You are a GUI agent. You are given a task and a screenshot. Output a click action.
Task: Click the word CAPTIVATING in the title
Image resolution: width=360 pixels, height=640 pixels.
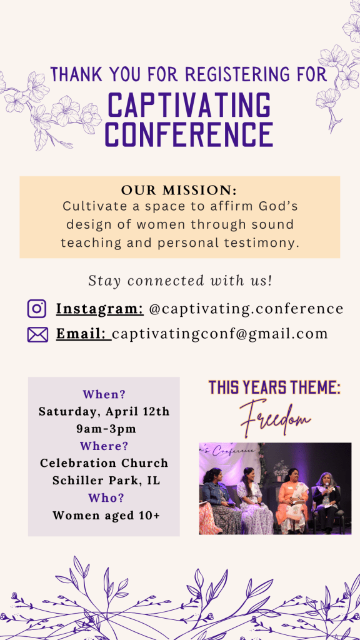[x=189, y=105]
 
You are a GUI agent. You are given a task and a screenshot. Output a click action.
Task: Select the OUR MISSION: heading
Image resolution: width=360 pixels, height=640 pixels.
[x=179, y=191]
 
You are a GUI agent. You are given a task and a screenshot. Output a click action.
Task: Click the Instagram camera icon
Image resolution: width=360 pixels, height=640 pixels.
[x=37, y=309]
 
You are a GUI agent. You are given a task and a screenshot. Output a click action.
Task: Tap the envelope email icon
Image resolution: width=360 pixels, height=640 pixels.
[x=37, y=335]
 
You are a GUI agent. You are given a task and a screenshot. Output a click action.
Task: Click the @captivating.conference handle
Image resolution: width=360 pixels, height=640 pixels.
[x=246, y=309]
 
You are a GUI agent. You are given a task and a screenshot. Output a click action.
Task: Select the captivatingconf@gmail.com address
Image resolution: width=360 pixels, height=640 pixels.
[x=220, y=334]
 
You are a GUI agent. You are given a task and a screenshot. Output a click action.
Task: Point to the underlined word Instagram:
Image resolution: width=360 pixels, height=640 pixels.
[x=99, y=309]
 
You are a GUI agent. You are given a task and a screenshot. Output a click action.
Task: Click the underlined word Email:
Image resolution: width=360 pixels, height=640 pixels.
[x=82, y=334]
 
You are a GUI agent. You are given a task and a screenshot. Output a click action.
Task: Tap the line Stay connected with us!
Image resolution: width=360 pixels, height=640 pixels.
[x=180, y=281]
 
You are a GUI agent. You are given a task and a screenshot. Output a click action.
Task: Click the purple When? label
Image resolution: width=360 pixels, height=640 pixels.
[x=104, y=395]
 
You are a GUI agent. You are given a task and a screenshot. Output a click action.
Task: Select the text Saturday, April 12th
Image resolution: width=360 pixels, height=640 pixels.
[x=104, y=411]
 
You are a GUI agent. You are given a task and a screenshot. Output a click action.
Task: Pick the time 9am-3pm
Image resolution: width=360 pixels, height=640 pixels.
[x=106, y=429]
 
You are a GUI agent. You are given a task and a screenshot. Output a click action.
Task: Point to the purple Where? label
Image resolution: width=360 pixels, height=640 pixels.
[x=104, y=446]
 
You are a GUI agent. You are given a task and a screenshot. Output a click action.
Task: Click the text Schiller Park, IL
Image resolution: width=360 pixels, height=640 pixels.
[x=106, y=481]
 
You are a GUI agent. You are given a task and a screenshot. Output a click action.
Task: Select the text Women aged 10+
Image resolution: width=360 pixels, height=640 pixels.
[x=106, y=516]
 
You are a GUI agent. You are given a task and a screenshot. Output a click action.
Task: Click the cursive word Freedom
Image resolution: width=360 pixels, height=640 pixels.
[x=275, y=418]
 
